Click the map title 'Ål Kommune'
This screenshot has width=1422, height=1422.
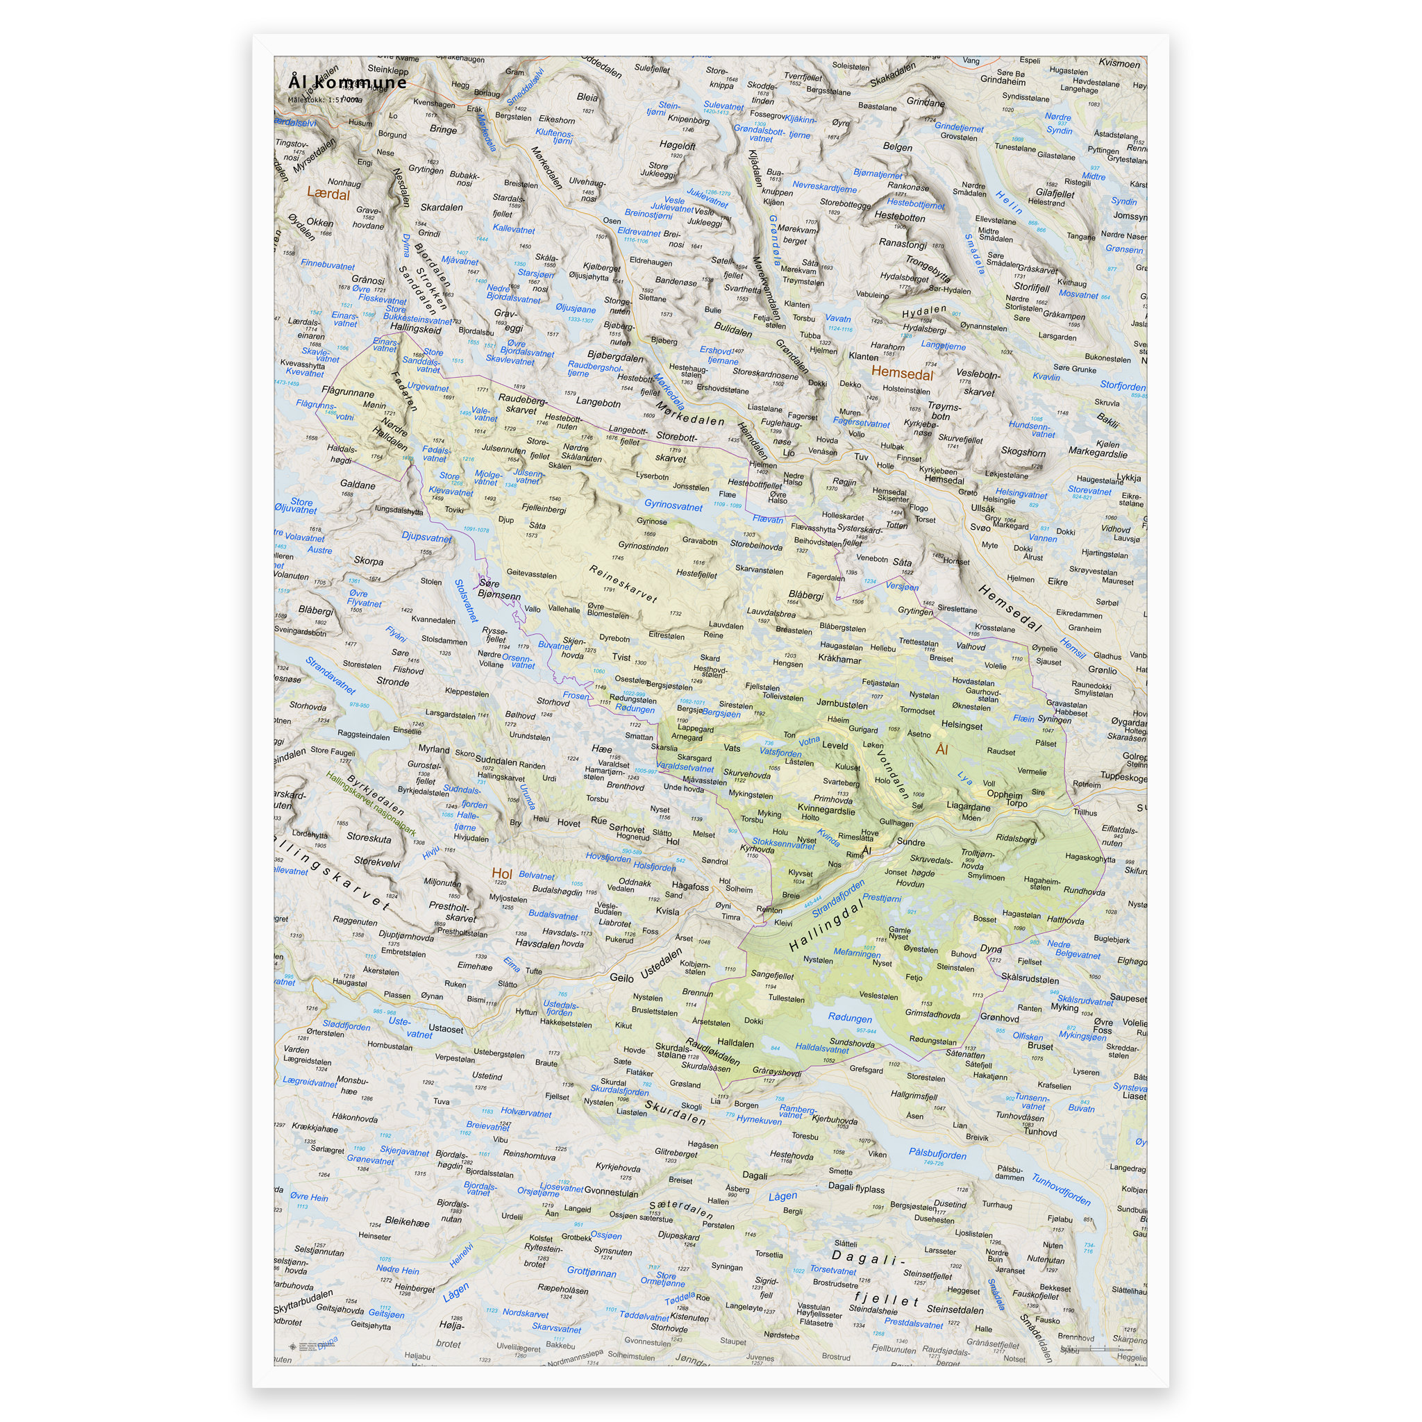tap(346, 82)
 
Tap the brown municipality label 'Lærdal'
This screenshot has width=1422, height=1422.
tap(328, 194)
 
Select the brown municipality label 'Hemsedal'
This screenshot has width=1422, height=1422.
tap(902, 373)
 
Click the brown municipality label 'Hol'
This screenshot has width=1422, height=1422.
tap(501, 873)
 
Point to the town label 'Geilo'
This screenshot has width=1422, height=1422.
tap(621, 978)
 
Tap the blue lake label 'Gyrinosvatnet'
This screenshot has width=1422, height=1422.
tap(673, 505)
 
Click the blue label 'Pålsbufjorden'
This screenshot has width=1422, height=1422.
tap(937, 1153)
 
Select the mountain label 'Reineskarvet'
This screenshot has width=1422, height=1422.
tap(623, 584)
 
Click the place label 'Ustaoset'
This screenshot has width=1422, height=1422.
tap(445, 1029)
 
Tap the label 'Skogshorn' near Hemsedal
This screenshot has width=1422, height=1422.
tap(1022, 452)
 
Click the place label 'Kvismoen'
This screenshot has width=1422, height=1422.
tap(1119, 64)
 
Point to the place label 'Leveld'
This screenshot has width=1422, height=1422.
tap(835, 745)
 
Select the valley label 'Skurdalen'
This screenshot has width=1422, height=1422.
tap(675, 1112)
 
